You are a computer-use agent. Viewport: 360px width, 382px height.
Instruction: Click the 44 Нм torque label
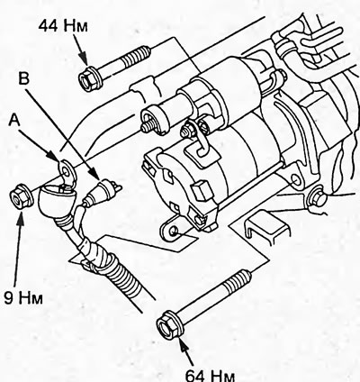63,26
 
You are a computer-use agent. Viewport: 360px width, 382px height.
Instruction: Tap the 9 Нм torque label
23,298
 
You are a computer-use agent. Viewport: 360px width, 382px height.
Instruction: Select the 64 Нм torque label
210,375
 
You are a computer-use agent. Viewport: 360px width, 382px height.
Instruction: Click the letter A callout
13,121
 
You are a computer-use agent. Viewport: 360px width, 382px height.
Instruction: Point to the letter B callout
23,78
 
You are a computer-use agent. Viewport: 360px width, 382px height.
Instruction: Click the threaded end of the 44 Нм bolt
136,56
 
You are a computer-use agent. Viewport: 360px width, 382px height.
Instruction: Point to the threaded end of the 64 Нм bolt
237,282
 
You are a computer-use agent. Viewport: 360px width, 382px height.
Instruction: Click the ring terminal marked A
67,171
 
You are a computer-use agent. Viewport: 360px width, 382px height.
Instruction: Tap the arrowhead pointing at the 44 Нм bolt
84,59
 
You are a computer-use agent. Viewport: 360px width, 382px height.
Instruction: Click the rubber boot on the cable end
58,204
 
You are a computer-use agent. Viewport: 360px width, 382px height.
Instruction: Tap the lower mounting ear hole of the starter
174,231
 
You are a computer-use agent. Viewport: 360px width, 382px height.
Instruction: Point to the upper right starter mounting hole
296,181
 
